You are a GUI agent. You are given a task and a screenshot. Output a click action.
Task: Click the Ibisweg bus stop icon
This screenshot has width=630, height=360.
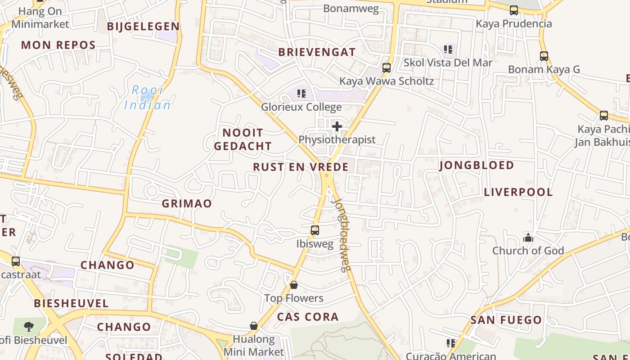315,230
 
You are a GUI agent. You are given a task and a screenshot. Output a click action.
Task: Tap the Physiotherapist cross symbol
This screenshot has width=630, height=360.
337,126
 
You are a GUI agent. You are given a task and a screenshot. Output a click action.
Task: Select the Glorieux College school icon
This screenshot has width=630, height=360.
301,94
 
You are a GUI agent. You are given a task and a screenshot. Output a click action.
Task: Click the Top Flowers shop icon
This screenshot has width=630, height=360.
294,285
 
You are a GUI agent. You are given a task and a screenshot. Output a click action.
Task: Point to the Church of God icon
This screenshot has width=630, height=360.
528,238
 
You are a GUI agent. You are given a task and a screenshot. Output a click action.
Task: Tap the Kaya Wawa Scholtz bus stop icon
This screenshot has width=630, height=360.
386,68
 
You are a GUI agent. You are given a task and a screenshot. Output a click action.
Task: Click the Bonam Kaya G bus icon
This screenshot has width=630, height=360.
544,56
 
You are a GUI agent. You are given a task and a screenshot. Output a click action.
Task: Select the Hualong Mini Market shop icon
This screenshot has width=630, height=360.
254,326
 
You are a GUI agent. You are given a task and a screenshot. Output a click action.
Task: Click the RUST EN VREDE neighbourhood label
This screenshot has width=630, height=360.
301,167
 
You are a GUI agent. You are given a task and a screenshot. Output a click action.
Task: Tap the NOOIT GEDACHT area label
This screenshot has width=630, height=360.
243,139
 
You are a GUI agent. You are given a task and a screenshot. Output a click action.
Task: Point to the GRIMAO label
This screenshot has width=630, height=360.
187,203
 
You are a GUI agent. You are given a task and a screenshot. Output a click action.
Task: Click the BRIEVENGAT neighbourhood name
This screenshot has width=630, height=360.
317,52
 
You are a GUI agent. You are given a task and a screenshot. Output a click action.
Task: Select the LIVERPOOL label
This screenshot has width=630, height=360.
518,192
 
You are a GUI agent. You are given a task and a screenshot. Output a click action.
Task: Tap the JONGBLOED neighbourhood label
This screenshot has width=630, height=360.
476,165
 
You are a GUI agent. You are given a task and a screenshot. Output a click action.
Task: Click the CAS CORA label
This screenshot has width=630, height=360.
308,317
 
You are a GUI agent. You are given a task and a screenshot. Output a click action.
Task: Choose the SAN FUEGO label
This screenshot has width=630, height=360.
506,320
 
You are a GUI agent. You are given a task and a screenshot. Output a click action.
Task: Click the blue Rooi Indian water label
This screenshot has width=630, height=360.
148,98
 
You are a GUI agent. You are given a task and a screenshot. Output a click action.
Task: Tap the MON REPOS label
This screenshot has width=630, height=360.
58,45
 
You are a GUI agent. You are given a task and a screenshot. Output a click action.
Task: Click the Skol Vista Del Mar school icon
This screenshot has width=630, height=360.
448,49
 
